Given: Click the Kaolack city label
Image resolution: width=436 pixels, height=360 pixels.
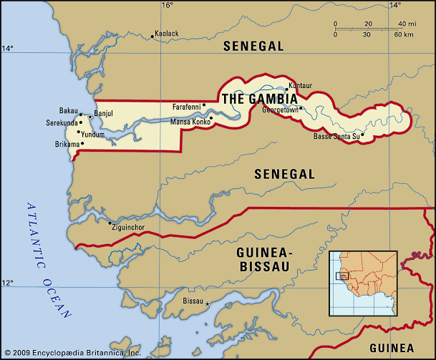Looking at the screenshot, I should (x=167, y=34).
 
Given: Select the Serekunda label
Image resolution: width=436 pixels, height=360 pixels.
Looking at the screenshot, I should (x=62, y=122).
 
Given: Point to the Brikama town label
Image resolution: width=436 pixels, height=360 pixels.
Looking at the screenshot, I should (x=66, y=144).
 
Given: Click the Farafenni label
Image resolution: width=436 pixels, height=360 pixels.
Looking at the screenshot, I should (x=186, y=107).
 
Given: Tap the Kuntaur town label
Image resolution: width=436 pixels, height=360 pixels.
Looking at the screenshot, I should (x=299, y=84).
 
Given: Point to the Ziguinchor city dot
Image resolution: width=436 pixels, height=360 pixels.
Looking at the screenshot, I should (x=109, y=223).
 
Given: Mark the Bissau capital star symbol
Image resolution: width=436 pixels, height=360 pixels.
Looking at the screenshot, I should (x=208, y=305).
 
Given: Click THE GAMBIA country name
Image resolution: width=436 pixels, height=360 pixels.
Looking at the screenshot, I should (x=259, y=99).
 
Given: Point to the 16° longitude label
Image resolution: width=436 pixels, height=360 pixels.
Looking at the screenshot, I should (x=167, y=6).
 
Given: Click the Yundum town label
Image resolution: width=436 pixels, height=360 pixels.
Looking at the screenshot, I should (x=93, y=134).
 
